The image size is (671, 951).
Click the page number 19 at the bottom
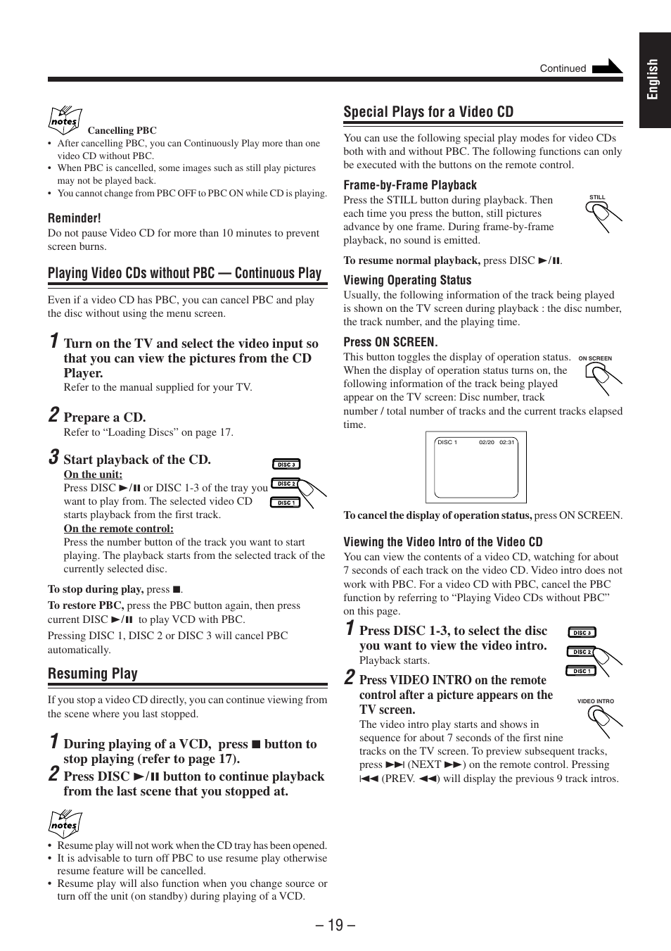tap(335, 925)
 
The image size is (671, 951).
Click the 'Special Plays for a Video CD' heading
tap(428, 112)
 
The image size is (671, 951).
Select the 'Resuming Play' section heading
tap(93, 674)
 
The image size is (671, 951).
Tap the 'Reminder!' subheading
tap(75, 218)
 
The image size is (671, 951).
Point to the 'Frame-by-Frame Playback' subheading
tap(410, 185)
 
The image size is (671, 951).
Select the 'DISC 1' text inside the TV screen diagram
tap(447, 442)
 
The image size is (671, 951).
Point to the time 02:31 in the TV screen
tap(507, 442)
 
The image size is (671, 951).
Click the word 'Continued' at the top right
tap(563, 68)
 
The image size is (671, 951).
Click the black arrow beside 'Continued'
tap(607, 67)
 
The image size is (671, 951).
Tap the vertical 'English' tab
tap(654, 80)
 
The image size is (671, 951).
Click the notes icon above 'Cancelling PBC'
tap(65, 120)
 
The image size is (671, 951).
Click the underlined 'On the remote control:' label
tap(118, 529)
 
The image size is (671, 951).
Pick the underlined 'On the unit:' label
tap(93, 474)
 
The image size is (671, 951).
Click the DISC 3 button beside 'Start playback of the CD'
tap(286, 465)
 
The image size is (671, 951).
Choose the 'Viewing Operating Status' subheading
tap(407, 280)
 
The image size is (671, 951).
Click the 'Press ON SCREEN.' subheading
tap(390, 342)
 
